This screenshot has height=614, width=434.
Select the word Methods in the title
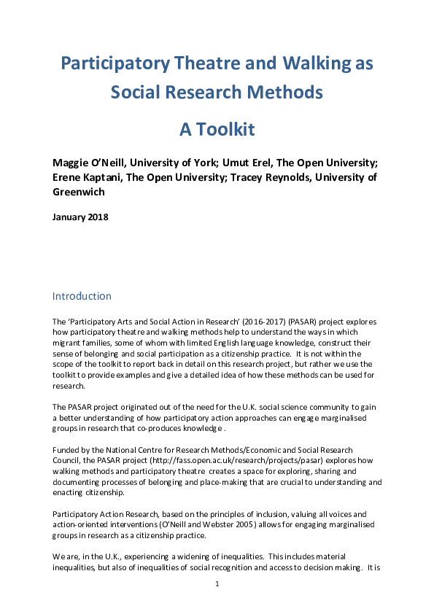(284, 93)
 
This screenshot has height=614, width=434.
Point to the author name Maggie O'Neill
(90, 161)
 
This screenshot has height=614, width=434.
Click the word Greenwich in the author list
(81, 193)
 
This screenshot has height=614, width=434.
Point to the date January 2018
(80, 217)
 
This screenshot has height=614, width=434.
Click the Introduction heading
(82, 297)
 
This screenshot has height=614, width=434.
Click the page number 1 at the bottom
(217, 586)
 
